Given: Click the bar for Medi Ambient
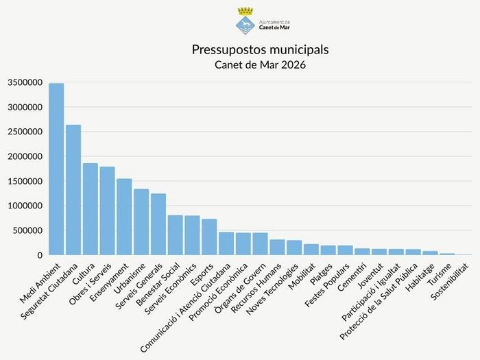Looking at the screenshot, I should pyautogui.click(x=56, y=169).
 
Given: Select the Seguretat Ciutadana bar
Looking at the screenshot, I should pyautogui.click(x=73, y=190).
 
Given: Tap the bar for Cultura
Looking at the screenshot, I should pyautogui.click(x=91, y=209).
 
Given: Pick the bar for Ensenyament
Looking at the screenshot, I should pyautogui.click(x=124, y=217).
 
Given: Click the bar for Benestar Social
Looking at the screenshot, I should pyautogui.click(x=176, y=235).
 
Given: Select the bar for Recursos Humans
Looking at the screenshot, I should pyautogui.click(x=277, y=248).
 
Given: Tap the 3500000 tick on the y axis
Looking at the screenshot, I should pyautogui.click(x=25, y=83).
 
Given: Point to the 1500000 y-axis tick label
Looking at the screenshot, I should pyautogui.click(x=25, y=182).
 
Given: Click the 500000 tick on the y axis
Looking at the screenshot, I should pyautogui.click(x=27, y=231).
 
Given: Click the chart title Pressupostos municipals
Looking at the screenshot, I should pyautogui.click(x=260, y=50).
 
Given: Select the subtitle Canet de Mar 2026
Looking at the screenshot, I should pyautogui.click(x=260, y=65).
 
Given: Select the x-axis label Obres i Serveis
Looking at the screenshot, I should pyautogui.click(x=91, y=283).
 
